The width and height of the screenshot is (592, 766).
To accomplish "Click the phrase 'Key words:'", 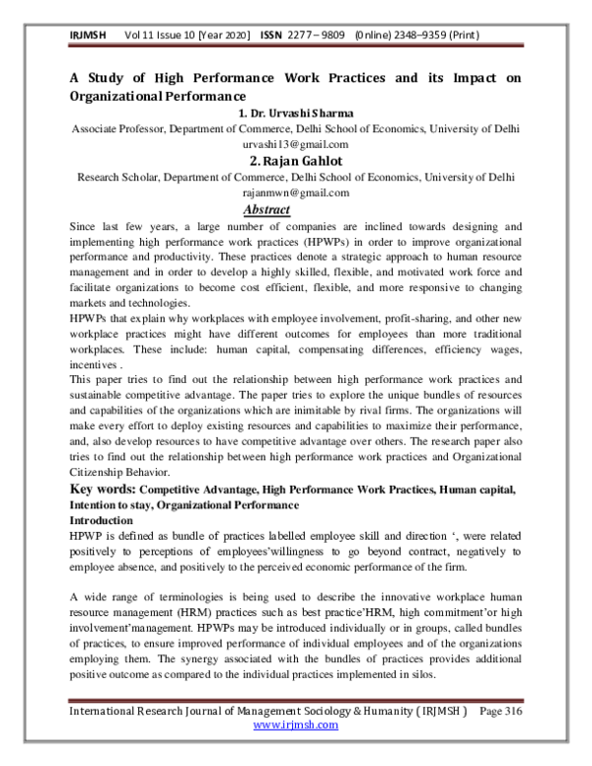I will tap(102, 489).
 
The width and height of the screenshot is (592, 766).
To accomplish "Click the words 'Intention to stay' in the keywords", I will tap(114, 504).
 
